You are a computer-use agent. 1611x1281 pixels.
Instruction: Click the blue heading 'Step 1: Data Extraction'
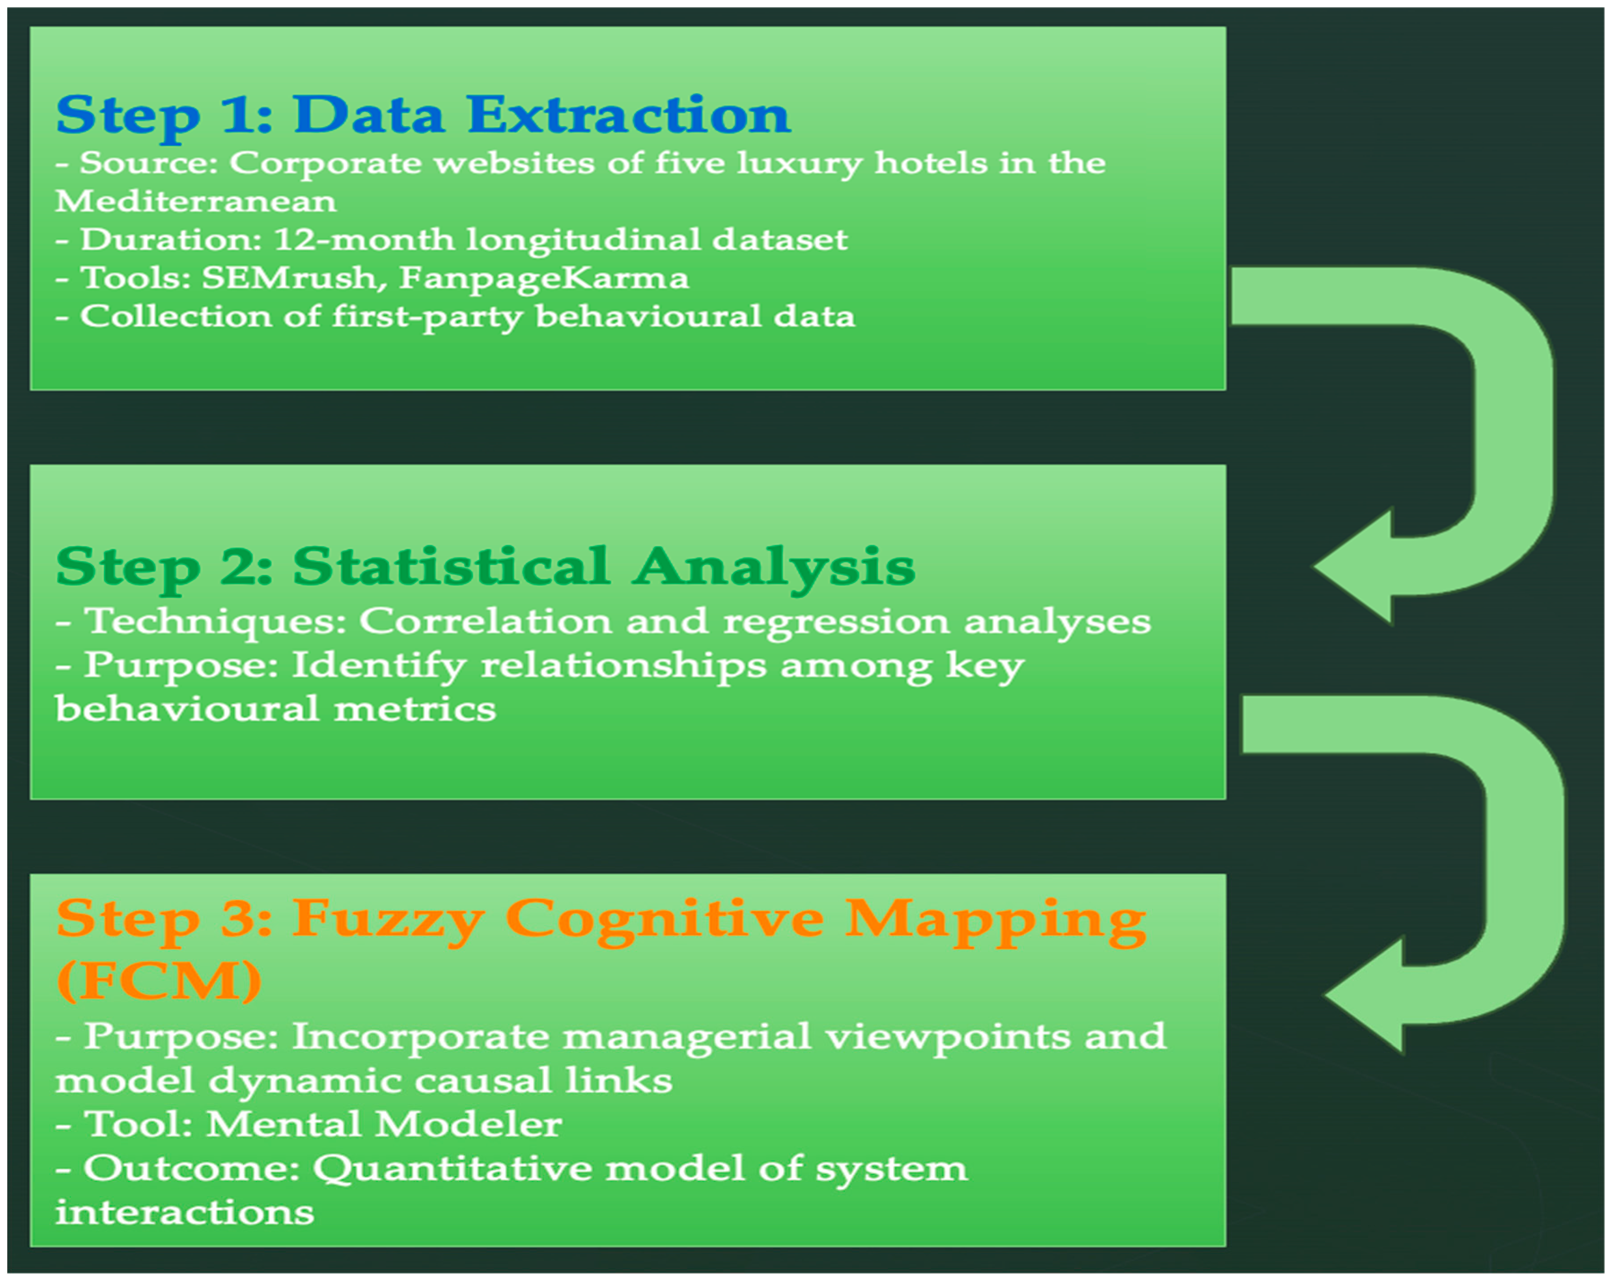(x=423, y=116)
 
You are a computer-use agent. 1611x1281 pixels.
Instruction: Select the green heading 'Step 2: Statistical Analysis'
(x=485, y=568)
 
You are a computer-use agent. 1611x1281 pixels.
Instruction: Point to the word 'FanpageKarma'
(x=543, y=279)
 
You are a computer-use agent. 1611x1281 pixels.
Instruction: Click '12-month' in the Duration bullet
(x=364, y=240)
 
